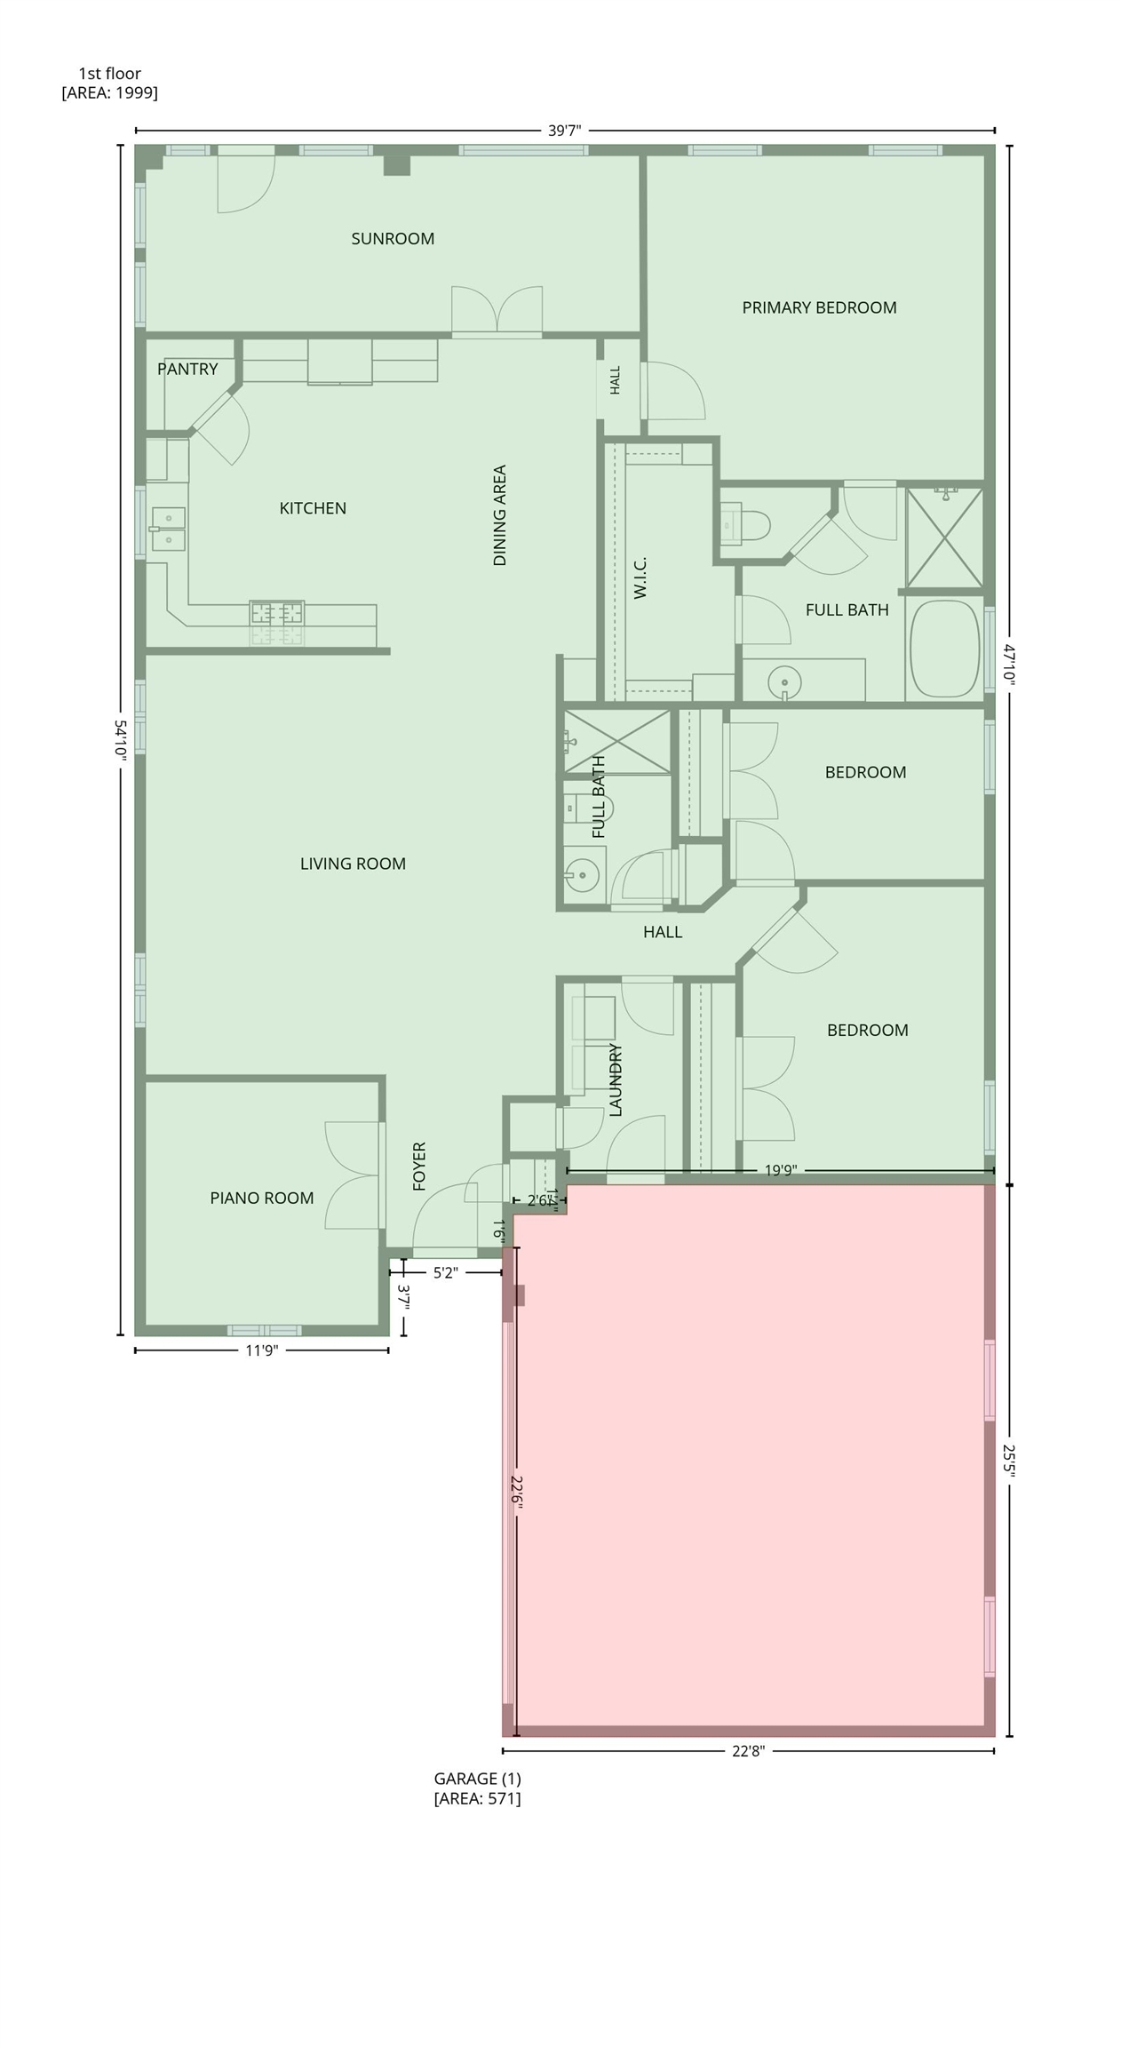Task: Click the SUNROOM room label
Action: [393, 238]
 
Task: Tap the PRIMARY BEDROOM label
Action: [819, 307]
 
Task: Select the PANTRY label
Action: [187, 369]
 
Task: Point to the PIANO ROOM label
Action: [262, 1198]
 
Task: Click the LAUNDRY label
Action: [616, 1079]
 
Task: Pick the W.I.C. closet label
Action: [640, 577]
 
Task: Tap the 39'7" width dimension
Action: [564, 131]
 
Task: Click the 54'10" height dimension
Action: [121, 739]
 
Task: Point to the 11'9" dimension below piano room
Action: [262, 1350]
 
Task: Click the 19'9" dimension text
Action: [780, 1170]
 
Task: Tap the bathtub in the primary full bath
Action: [944, 649]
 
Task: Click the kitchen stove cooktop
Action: [277, 613]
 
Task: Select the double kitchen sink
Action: [168, 529]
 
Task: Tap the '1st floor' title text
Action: [110, 74]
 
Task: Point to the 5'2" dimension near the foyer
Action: [446, 1272]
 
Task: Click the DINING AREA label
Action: [499, 515]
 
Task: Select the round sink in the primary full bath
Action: [785, 682]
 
